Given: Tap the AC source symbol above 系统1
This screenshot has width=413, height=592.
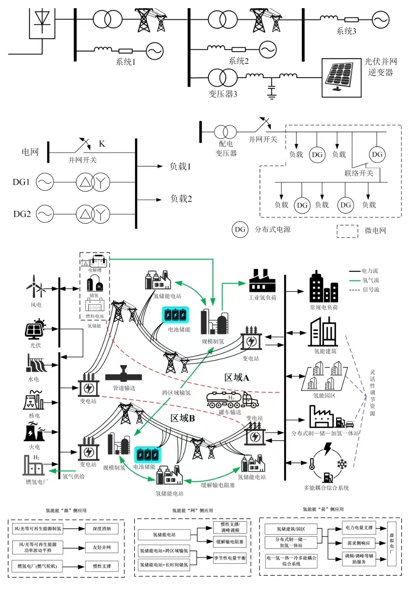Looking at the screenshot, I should coord(155,51).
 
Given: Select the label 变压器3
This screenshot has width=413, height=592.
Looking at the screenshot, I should coord(222,94).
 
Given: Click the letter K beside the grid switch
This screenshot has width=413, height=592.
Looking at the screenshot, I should coord(102,144).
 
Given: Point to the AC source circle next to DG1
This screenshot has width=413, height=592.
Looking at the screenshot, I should coord(45,182).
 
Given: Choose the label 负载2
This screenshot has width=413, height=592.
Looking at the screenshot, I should coord(181,199).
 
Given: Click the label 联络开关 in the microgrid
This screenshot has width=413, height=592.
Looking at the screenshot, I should coord(359,173).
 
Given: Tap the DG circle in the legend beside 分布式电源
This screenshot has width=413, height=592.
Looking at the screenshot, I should coord(240,230).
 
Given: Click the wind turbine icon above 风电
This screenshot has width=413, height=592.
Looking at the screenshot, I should coord(35,287).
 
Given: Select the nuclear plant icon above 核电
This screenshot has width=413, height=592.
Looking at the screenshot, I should coord(34,400).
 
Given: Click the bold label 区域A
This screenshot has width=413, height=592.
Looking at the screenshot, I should coord(236,378).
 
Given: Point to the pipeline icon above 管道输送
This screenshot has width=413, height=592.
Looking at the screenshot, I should coord(123,375).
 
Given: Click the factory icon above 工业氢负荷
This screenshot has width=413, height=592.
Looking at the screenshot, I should coord(262,281).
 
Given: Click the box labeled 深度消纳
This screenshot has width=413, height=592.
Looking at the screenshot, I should coord(101,529).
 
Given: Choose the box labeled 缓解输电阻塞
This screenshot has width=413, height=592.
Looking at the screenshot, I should coord(230,542).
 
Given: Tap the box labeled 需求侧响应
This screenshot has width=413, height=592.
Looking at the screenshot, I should coord(359,543).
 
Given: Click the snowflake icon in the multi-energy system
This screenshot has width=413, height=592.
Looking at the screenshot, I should coord(341,464).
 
